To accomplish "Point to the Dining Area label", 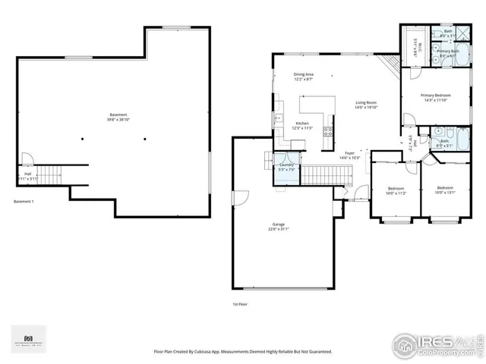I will click(304, 75).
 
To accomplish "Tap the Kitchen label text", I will click(302, 124).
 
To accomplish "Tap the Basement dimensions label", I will click(118, 120).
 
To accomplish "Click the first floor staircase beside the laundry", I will click(326, 175).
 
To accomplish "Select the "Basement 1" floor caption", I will click(24, 202).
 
